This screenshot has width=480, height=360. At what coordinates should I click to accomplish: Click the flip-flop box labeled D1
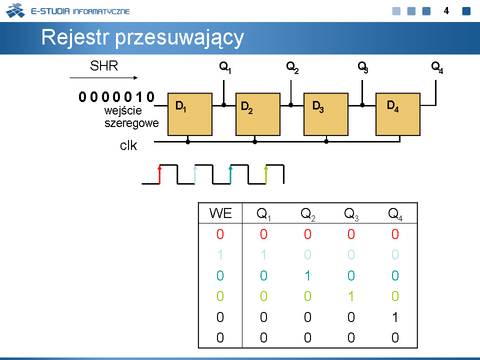[190, 114]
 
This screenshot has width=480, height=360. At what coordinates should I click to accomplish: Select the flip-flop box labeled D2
[258, 114]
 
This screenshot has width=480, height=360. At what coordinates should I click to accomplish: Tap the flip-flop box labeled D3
[325, 114]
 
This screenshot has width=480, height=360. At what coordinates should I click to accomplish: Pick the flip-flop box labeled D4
[397, 114]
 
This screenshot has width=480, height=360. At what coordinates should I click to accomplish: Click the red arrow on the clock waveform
[159, 174]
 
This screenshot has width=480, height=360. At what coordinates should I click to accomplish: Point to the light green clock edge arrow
[266, 174]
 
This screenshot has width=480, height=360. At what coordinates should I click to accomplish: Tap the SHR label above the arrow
[104, 66]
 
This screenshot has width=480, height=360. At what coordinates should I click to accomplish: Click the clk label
[128, 145]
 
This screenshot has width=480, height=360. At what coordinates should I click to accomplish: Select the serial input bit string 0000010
[116, 96]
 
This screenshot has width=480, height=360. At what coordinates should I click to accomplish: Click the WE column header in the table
[220, 213]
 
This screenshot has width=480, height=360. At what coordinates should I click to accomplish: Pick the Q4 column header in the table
[395, 213]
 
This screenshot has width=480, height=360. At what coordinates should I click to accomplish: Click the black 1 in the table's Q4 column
[395, 317]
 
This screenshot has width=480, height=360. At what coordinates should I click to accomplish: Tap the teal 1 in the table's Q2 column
[307, 276]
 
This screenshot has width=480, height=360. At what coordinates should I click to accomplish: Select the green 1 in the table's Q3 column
[351, 296]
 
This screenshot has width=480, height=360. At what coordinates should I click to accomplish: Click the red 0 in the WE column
[220, 234]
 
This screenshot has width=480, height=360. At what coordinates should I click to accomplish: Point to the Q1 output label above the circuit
[225, 67]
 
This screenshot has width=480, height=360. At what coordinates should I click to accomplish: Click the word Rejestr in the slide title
[75, 37]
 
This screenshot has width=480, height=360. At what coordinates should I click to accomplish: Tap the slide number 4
[446, 11]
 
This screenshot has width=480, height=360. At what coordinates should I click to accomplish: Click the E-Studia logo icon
[15, 10]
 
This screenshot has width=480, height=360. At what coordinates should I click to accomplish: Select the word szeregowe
[131, 123]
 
